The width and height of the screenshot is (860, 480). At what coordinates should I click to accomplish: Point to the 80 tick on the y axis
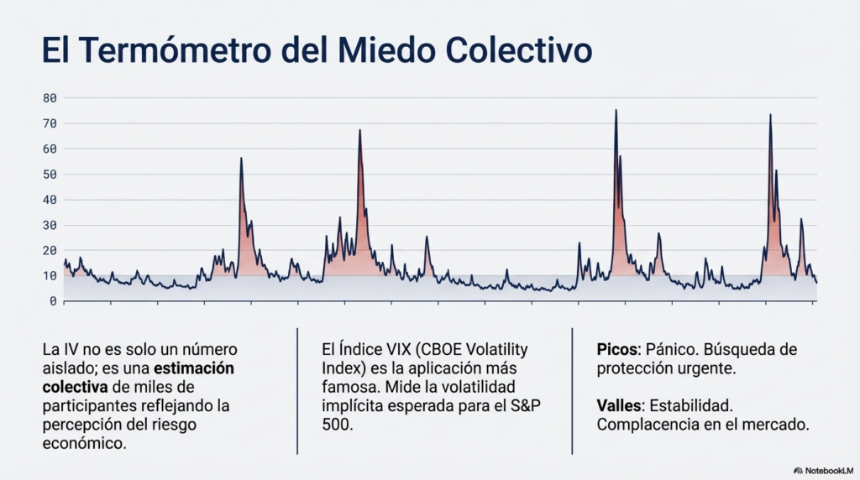[x=50, y=98]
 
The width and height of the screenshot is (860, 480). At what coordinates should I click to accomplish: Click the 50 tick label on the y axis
[x=50, y=175]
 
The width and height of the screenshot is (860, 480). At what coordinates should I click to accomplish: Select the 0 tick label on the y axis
[x=53, y=300]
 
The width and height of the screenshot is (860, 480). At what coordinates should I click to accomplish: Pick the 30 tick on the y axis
[x=50, y=225]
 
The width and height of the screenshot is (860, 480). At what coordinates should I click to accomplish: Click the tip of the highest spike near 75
[x=616, y=110]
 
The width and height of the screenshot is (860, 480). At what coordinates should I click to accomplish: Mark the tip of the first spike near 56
[x=241, y=158]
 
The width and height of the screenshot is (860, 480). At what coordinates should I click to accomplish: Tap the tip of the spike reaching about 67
[x=359, y=130]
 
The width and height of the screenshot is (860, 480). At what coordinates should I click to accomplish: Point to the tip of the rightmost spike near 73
[x=770, y=115]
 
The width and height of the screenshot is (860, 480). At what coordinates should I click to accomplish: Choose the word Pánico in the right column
[x=678, y=349]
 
